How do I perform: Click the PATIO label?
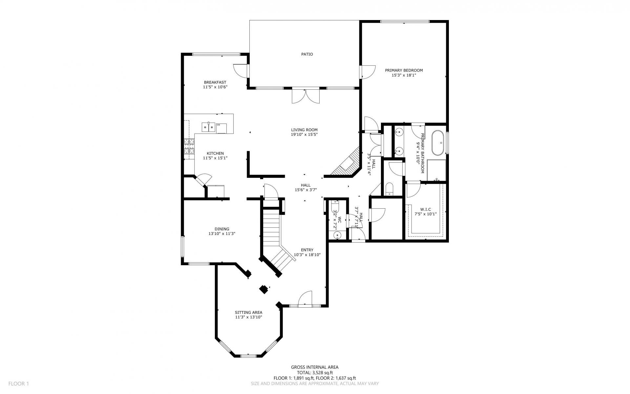tap(307, 54)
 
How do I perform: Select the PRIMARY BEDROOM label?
tap(404, 70)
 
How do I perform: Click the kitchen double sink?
tap(208, 127)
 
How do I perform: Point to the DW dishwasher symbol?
tap(221, 128)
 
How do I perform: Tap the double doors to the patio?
tap(305, 96)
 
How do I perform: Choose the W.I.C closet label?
tap(425, 209)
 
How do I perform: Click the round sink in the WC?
tap(337, 235)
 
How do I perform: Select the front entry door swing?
tap(305, 298)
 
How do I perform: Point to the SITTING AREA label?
tap(248, 313)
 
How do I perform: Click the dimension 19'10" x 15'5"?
tap(304, 134)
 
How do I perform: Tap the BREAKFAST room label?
tap(215, 82)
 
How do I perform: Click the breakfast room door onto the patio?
tap(241, 70)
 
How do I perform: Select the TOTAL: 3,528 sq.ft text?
tap(315, 373)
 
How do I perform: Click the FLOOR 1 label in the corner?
tap(19, 383)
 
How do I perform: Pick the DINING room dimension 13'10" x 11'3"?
tap(222, 234)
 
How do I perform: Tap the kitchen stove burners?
tap(189, 146)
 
